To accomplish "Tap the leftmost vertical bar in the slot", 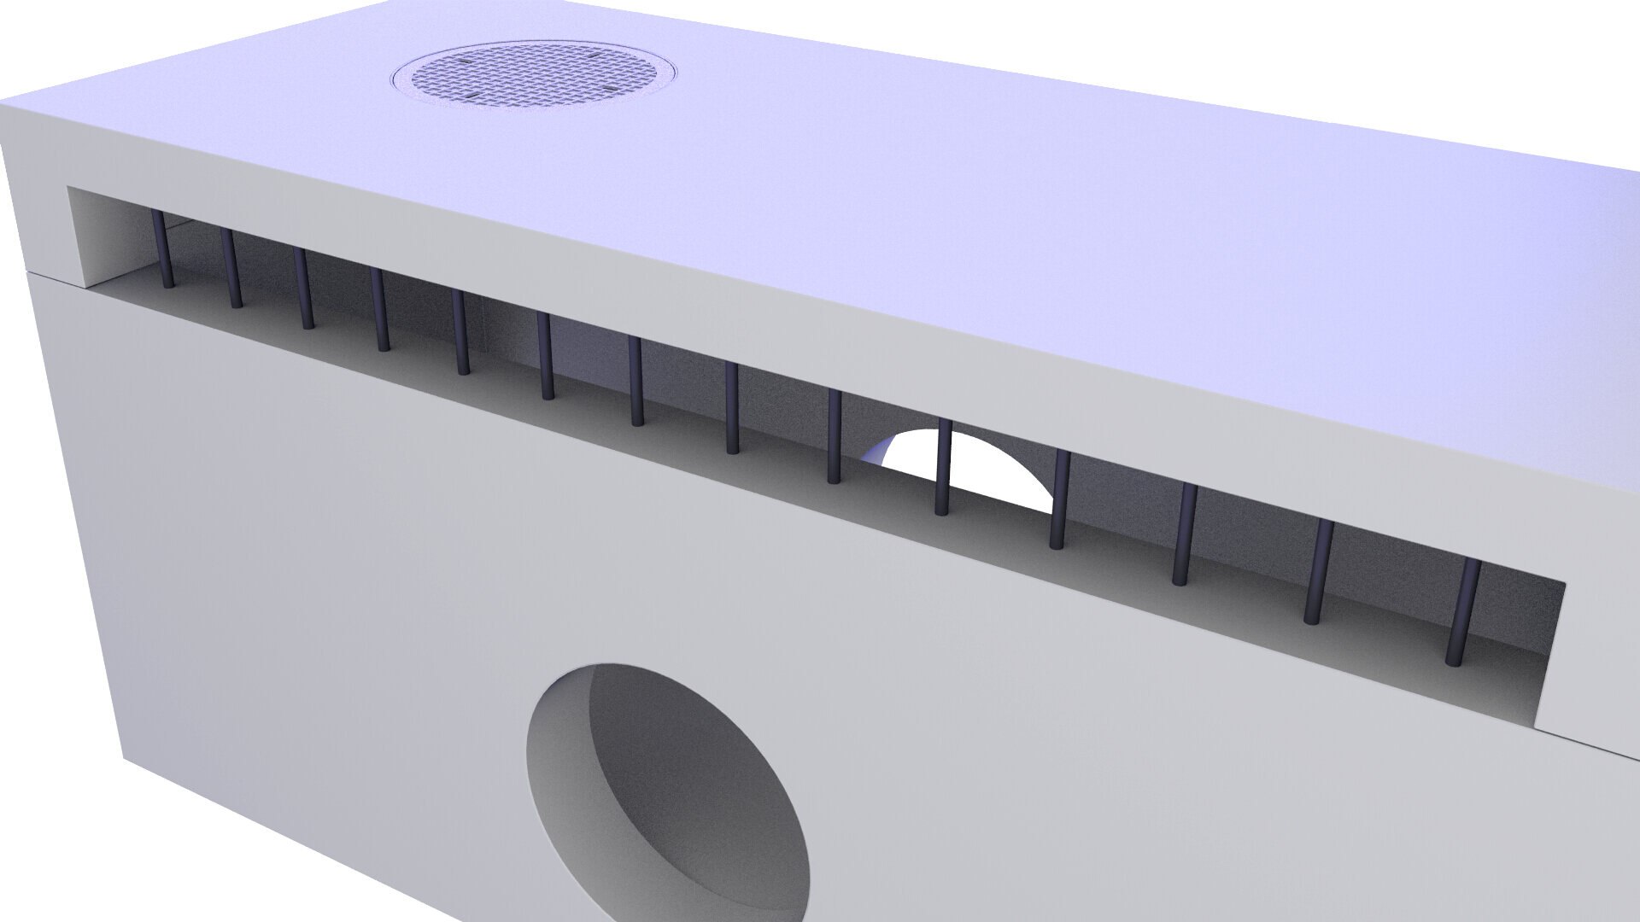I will point(163,249).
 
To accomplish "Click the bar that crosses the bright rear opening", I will point(943,467).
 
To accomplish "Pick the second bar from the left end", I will point(232,268).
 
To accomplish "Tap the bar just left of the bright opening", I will point(835,436).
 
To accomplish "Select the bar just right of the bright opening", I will point(1060,499).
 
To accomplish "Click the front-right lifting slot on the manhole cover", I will point(610,88).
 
